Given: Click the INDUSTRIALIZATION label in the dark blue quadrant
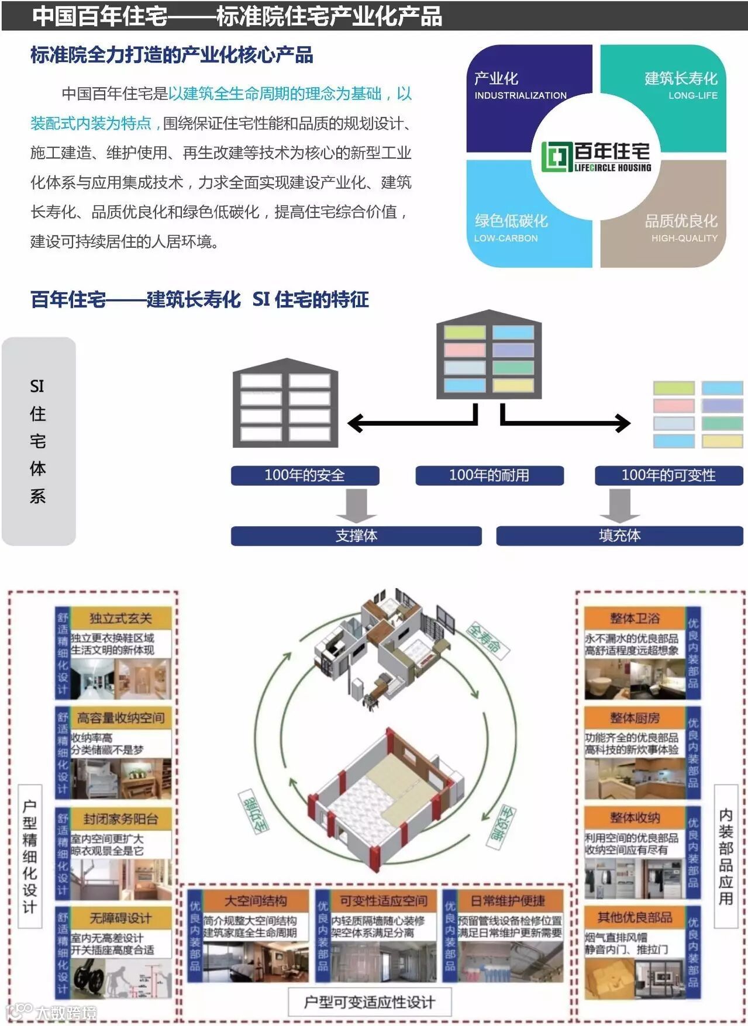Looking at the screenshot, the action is (520, 95).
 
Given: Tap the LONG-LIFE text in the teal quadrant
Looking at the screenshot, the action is (692, 95).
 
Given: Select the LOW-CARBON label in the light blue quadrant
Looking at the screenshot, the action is (505, 238).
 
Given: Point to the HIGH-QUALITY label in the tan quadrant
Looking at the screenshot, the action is (684, 238).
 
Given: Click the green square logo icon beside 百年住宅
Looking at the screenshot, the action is (556, 157).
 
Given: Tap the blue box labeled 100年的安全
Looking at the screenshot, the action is (305, 475).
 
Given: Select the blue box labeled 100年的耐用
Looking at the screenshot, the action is (489, 475).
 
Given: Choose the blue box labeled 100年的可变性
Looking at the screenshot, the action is (668, 475).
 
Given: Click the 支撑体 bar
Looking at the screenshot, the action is (356, 536).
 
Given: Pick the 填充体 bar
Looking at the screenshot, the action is (619, 536).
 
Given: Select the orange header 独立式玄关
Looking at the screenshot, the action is (120, 619).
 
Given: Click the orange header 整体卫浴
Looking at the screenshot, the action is (635, 619).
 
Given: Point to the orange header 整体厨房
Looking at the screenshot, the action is (635, 718).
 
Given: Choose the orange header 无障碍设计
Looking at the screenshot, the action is (120, 918).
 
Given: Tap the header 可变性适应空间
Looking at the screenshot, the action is (384, 901).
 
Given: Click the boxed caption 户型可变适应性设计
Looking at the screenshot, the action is (370, 1002).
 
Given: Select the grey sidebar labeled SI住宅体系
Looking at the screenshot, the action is (39, 441).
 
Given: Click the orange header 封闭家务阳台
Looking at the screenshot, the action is (120, 818).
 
